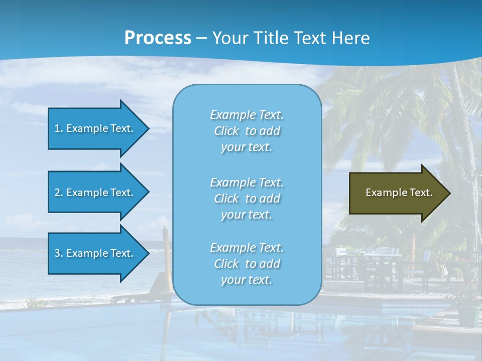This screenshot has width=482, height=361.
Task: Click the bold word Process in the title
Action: [x=158, y=38]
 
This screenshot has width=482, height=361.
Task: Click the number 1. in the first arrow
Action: [x=59, y=128]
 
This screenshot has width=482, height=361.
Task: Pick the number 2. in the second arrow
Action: [x=59, y=193]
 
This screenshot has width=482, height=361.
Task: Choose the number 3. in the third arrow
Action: [x=59, y=253]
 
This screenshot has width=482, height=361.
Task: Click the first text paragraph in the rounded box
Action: [x=247, y=131]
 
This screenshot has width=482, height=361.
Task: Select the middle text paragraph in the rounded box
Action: [x=247, y=199]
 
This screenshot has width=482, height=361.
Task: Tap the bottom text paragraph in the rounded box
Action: [x=247, y=264]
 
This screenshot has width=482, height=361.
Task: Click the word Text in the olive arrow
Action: [x=421, y=193]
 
